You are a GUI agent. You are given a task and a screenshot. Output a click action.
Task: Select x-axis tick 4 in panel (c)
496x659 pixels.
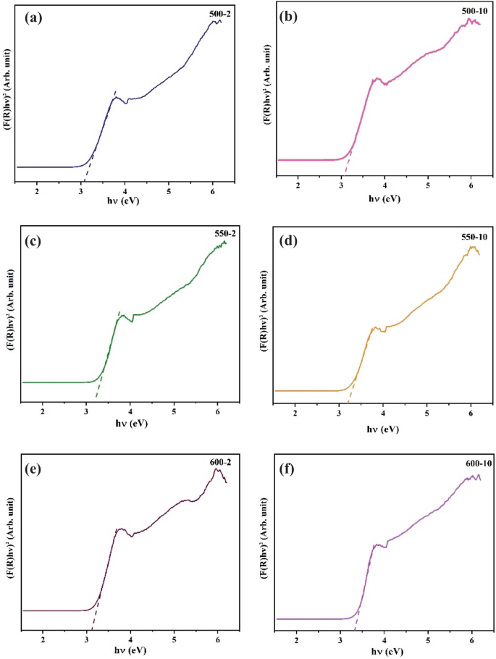130,411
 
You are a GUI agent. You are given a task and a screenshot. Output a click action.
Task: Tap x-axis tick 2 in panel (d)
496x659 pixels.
295,413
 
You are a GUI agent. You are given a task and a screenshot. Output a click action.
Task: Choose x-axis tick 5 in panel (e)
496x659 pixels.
174,639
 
